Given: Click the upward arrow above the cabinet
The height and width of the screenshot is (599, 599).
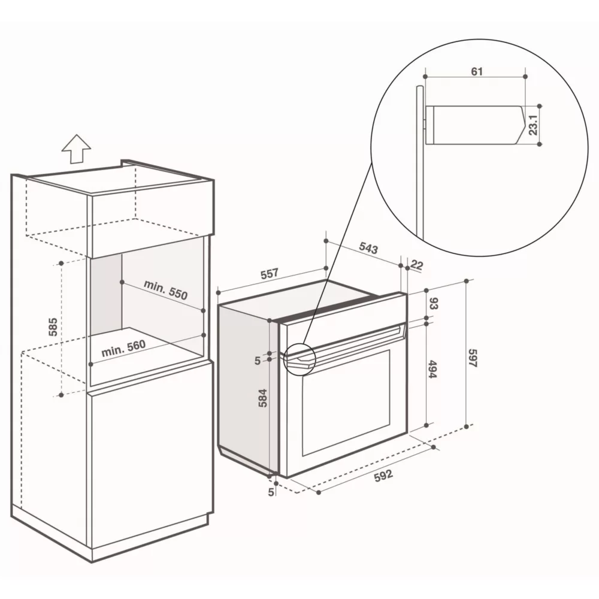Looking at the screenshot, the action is [x=77, y=149].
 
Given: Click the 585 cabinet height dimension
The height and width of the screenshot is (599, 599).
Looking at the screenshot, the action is [x=53, y=326].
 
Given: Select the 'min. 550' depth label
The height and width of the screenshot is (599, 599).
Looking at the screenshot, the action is [x=165, y=289].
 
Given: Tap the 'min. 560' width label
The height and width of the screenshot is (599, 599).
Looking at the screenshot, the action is [x=123, y=348].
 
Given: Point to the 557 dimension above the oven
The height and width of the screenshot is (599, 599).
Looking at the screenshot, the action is [x=270, y=274].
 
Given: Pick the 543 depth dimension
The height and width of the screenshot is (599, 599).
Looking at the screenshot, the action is [x=368, y=249].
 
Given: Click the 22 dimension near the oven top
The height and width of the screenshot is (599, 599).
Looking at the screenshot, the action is [x=417, y=265].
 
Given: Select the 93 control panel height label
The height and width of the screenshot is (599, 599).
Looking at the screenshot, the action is [x=434, y=303].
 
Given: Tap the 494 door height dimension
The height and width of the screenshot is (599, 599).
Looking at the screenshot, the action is [x=432, y=368].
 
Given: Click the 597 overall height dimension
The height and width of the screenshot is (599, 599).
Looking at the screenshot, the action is [x=473, y=358].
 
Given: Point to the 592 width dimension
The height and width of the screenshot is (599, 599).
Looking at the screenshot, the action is [x=383, y=476].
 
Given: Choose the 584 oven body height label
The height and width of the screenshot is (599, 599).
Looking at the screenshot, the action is [x=263, y=398].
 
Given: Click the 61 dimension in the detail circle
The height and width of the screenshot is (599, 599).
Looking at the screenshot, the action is [x=477, y=71].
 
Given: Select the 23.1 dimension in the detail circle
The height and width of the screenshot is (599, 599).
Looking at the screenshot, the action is [x=533, y=125].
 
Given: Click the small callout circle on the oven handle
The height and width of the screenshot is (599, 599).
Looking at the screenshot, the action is [x=299, y=358].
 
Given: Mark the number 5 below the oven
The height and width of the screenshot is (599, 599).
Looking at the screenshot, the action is [x=271, y=492].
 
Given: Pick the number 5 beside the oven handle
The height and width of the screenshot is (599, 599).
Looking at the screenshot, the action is [x=258, y=360].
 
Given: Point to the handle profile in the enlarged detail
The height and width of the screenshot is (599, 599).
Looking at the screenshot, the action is [x=476, y=125].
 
